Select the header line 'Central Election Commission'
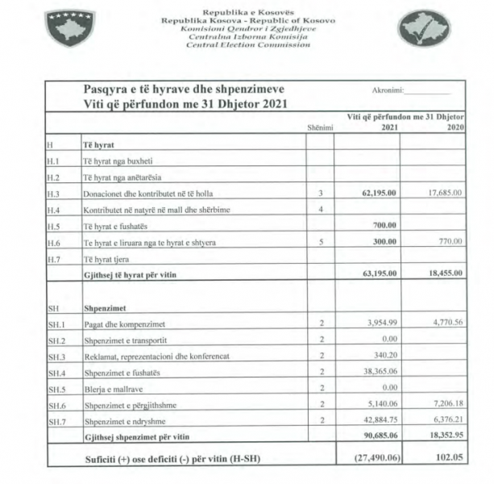(x=247, y=45)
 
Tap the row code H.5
(x=54, y=227)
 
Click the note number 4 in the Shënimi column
(x=320, y=210)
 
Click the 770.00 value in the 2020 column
(x=449, y=243)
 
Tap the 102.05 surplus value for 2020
(x=450, y=457)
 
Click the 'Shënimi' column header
(x=320, y=127)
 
